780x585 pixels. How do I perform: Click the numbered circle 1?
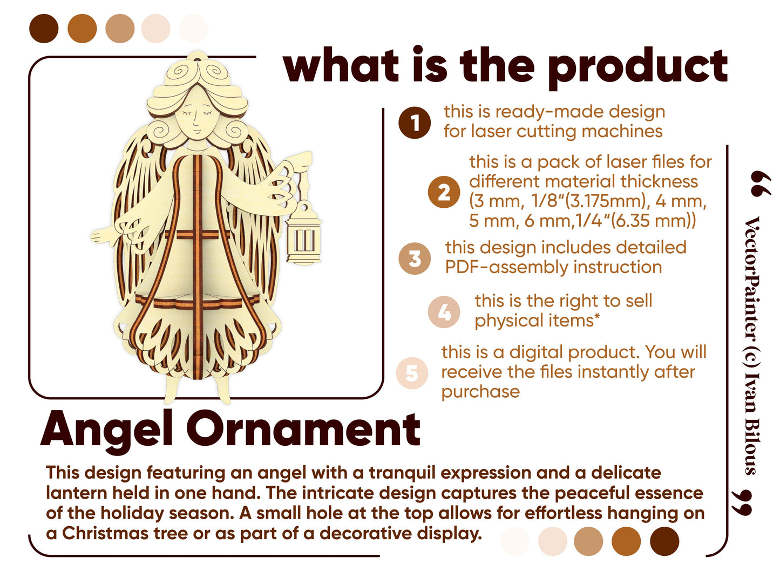(x=414, y=123)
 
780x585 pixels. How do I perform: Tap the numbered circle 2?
(x=444, y=192)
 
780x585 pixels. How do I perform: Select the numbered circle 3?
(x=414, y=258)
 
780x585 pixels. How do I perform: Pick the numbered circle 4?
(x=444, y=311)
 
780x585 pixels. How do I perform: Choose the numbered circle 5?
(x=412, y=373)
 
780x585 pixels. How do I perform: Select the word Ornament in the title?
(x=303, y=429)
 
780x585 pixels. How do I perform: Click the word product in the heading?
(x=637, y=67)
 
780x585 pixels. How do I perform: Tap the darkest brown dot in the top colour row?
(x=44, y=29)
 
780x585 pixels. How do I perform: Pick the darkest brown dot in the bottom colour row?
(x=664, y=541)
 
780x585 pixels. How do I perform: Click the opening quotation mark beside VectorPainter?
(x=761, y=183)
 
